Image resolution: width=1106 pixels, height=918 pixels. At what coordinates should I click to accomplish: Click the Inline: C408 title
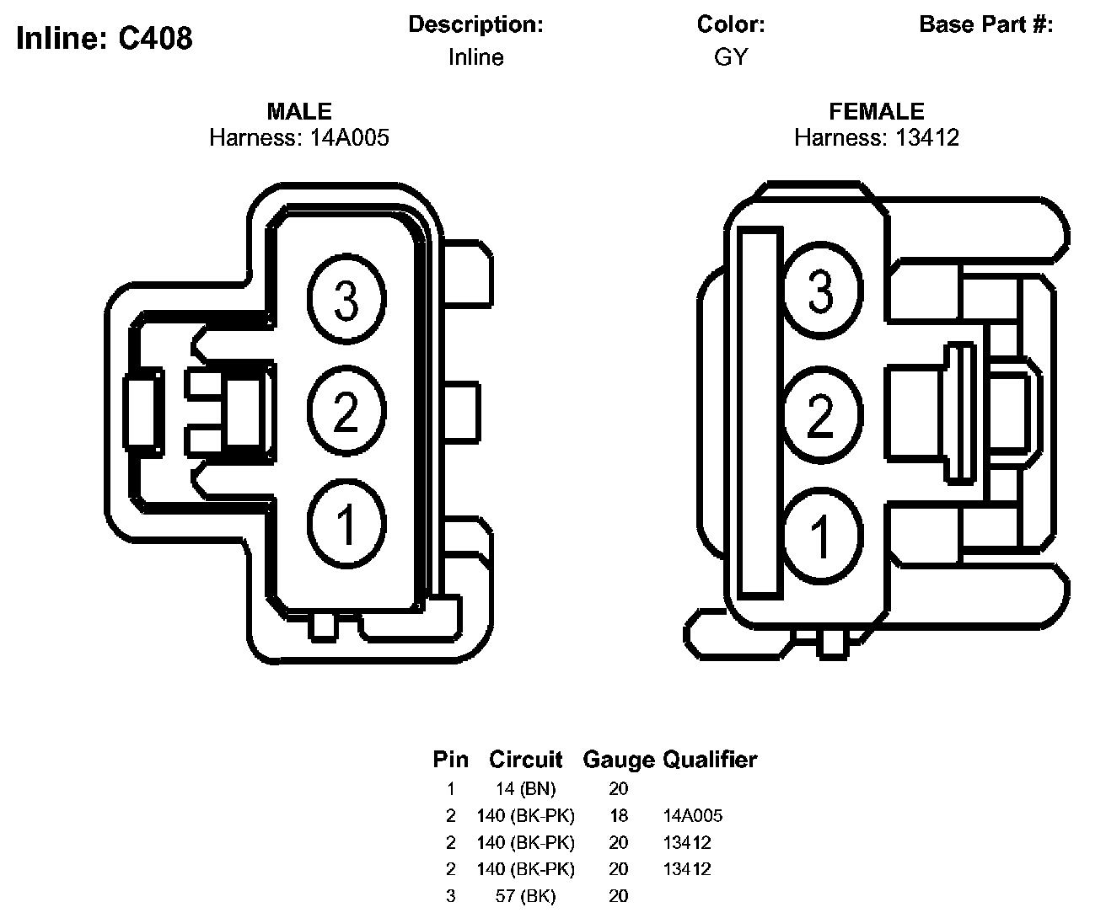point(105,39)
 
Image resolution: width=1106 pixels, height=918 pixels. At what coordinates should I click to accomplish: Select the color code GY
point(730,56)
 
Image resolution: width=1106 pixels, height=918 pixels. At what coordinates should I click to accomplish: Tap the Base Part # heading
point(985,24)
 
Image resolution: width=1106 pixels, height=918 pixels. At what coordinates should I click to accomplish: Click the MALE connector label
point(299,111)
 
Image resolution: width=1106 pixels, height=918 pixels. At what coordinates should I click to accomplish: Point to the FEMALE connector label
point(876,111)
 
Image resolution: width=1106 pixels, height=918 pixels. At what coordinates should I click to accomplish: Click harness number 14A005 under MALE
point(350,137)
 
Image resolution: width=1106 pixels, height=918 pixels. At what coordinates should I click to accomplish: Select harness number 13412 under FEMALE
point(927,137)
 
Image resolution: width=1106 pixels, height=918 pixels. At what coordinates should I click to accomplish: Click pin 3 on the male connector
point(346,299)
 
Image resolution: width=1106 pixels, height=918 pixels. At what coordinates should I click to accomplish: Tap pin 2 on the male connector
point(346,411)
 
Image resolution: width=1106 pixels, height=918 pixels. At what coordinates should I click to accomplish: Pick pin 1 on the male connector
point(346,523)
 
